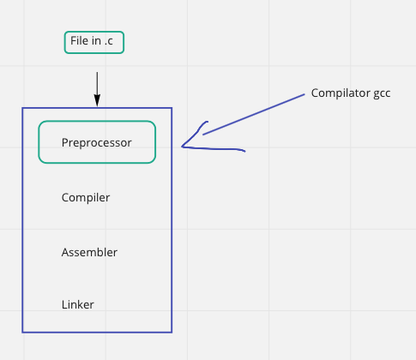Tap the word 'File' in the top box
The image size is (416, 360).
click(x=79, y=41)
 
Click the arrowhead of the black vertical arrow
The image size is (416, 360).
click(x=97, y=102)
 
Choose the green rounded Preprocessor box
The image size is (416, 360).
click(x=97, y=142)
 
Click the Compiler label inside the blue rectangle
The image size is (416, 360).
click(x=86, y=198)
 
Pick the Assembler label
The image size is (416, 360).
click(x=89, y=253)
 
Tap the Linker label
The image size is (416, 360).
click(x=78, y=304)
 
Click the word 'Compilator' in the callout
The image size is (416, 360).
click(x=339, y=93)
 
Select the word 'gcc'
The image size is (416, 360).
click(x=382, y=93)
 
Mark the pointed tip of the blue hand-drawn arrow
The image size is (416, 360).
click(x=183, y=147)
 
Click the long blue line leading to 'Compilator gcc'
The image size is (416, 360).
click(x=255, y=114)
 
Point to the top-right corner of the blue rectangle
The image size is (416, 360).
click(x=172, y=108)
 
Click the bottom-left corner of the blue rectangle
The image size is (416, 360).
click(x=22, y=332)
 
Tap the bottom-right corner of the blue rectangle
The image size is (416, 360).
click(x=172, y=332)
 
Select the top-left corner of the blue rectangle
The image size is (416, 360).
click(x=22, y=108)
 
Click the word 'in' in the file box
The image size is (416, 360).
click(x=95, y=41)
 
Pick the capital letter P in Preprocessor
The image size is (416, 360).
click(x=65, y=142)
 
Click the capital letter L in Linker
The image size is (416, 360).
click(x=64, y=304)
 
